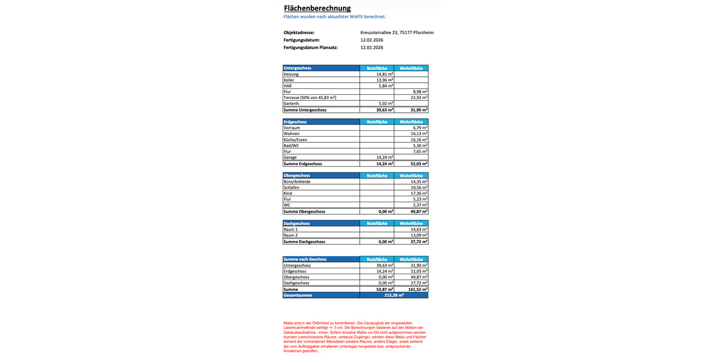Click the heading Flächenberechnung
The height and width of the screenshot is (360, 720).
pyautogui.click(x=317, y=8)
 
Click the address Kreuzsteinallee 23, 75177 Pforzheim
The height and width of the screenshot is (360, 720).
pyautogui.click(x=397, y=32)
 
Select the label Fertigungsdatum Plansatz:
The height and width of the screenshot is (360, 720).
pyautogui.click(x=311, y=47)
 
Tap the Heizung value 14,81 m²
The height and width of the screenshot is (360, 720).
pyautogui.click(x=385, y=74)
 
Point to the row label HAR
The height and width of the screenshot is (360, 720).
pyautogui.click(x=287, y=86)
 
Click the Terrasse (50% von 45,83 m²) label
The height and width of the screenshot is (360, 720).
pyautogui.click(x=310, y=97)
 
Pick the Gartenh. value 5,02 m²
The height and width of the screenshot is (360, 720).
pyautogui.click(x=385, y=103)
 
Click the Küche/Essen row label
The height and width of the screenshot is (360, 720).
pyautogui.click(x=295, y=139)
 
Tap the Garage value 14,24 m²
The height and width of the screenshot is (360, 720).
pyautogui.click(x=385, y=157)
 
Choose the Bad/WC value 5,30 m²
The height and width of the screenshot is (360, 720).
pyautogui.click(x=419, y=145)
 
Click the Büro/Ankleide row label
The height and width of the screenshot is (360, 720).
pyautogui.click(x=297, y=181)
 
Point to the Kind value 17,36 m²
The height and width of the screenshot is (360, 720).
pyautogui.click(x=419, y=193)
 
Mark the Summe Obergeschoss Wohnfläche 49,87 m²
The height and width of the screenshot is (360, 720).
pyautogui.click(x=419, y=211)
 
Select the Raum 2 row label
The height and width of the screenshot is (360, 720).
pyautogui.click(x=290, y=235)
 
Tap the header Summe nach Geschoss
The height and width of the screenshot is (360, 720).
pyautogui.click(x=305, y=259)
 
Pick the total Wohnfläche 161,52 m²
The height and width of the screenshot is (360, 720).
pyautogui.click(x=418, y=289)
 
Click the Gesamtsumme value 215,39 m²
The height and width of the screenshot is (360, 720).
pyautogui.click(x=394, y=295)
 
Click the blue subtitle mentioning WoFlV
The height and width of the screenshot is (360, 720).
pyautogui.click(x=334, y=17)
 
